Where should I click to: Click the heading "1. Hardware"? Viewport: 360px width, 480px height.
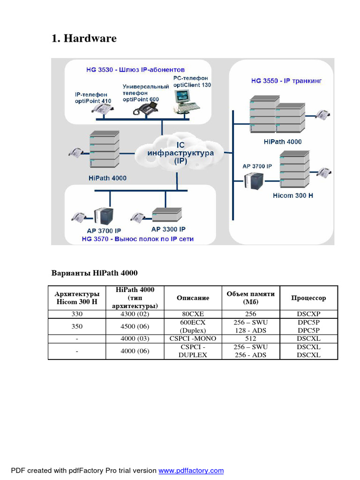[x=84, y=38]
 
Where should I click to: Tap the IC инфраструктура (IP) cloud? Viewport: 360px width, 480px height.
[x=180, y=153]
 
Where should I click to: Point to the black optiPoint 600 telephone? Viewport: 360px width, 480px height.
[x=145, y=109]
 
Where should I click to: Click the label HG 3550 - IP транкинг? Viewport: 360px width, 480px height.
[x=286, y=81]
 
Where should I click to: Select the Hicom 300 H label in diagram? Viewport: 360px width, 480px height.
[x=292, y=195]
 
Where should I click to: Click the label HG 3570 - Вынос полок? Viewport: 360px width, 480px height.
[x=137, y=239]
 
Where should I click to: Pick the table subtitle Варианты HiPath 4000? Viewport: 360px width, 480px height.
[x=94, y=273]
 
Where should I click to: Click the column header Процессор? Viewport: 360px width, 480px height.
[x=308, y=298]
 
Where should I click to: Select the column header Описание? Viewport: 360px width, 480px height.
[x=193, y=298]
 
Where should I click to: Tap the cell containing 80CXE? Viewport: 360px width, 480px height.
[x=193, y=315]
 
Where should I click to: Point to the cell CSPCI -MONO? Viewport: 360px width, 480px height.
[x=193, y=338]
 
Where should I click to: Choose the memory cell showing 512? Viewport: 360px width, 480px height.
[x=250, y=338]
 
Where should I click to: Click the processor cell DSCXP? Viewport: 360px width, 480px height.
[x=308, y=315]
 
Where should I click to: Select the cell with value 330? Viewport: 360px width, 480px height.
[x=76, y=315]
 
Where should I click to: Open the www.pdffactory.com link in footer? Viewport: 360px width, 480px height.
[x=191, y=471]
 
